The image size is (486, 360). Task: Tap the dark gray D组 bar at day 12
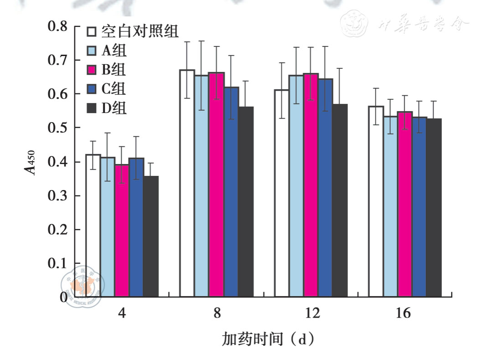coord(340,201)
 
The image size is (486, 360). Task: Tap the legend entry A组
coord(114,50)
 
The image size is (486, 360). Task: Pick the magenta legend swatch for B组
coord(92,69)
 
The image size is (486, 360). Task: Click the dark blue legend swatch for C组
coord(92,88)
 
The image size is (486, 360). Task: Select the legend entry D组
coord(114,108)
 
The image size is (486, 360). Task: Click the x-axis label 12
coord(312,314)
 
